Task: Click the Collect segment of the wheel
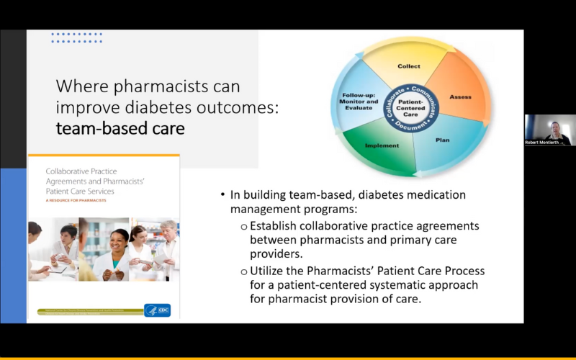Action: click(x=409, y=66)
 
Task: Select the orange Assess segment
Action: click(x=460, y=96)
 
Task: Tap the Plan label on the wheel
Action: click(x=442, y=140)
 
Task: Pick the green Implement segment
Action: click(x=382, y=145)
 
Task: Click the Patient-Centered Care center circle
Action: click(x=410, y=107)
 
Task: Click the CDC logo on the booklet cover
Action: click(x=157, y=310)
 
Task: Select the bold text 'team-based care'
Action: click(x=120, y=129)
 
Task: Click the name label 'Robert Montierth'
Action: click(x=541, y=143)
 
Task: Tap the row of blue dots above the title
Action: click(x=76, y=37)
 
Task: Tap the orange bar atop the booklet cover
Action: click(x=104, y=156)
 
